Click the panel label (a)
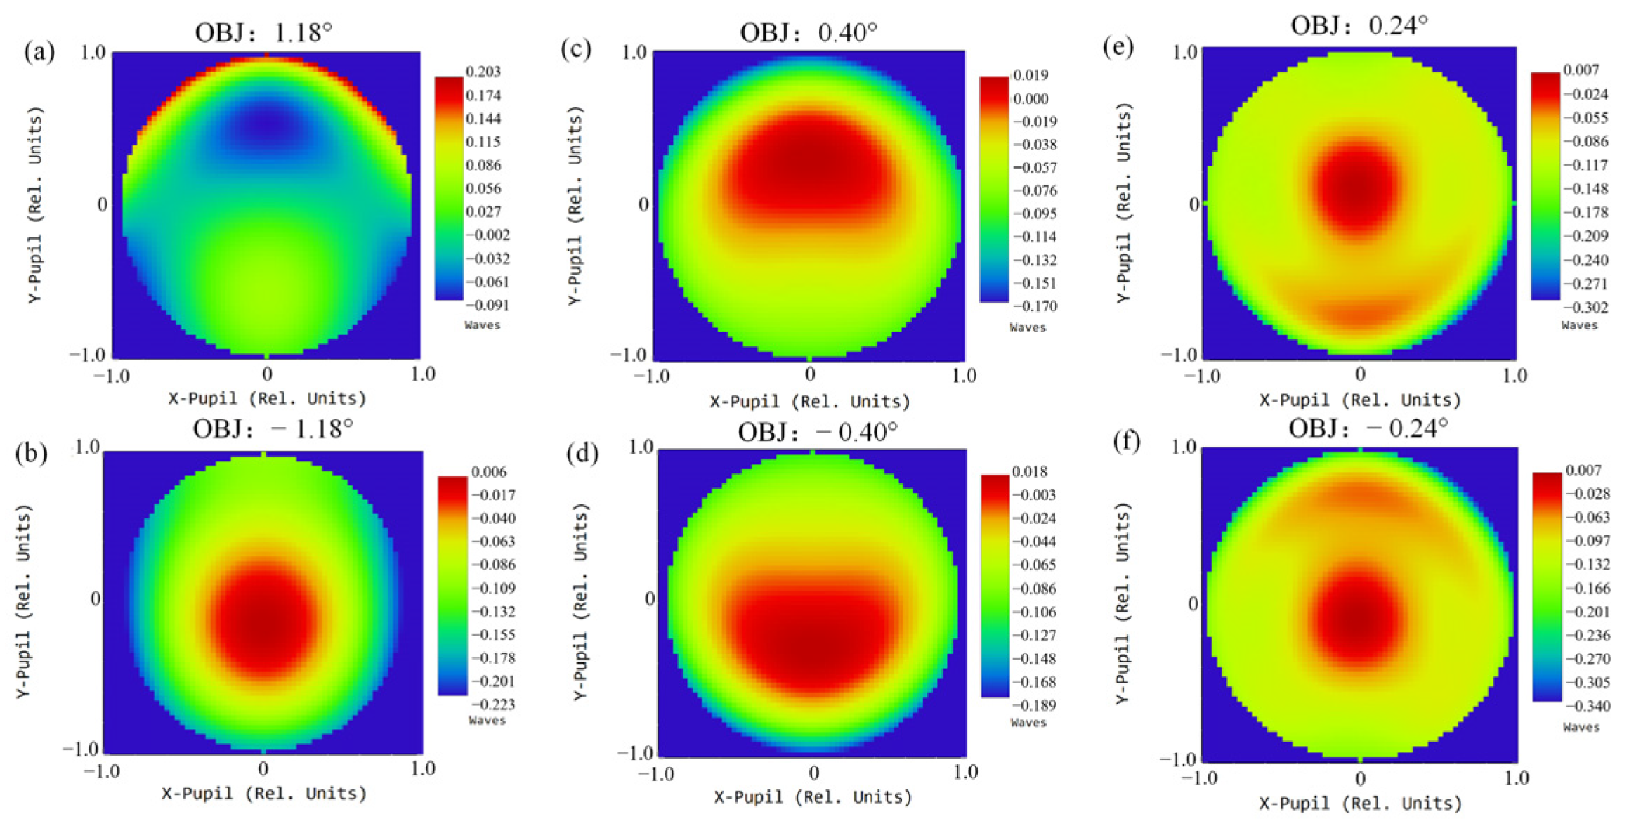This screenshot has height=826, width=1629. click(39, 51)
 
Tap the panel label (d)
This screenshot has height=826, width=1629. click(582, 454)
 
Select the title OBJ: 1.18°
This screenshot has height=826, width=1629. click(263, 32)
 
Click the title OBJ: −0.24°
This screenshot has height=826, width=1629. click(1368, 428)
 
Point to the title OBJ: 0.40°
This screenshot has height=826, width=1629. click(809, 32)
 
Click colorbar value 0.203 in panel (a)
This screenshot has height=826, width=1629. click(483, 72)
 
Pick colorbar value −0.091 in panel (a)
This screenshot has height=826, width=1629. click(488, 306)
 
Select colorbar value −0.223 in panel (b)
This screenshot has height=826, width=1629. click(493, 704)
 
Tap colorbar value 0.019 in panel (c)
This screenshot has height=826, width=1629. click(1031, 75)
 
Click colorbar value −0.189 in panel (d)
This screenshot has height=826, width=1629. click(1033, 705)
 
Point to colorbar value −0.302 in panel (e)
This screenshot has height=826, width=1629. click(1585, 308)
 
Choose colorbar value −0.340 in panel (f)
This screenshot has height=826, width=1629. click(1588, 706)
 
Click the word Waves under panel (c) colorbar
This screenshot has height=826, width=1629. click(1028, 327)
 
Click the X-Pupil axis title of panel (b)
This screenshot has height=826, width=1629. click(264, 794)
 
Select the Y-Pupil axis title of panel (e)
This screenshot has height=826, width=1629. click(1123, 203)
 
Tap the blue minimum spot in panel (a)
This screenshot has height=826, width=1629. click(268, 125)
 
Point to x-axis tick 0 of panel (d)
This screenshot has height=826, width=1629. click(813, 773)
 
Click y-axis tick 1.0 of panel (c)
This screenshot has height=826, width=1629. click(634, 53)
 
